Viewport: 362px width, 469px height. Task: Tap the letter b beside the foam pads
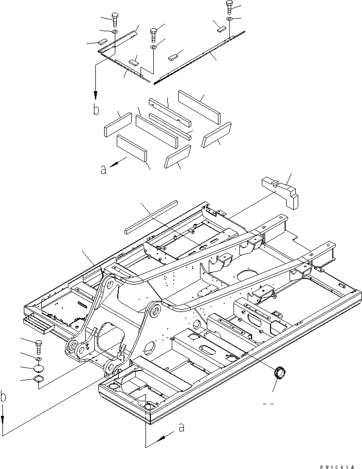(96, 109)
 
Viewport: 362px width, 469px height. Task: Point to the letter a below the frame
(181, 428)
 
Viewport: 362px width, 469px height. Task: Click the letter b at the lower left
(4, 397)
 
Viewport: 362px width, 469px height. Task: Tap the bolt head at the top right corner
(230, 6)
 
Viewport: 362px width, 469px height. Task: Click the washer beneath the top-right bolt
(230, 19)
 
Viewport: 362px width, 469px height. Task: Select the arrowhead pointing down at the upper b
(96, 95)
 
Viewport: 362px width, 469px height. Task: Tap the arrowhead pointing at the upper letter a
(120, 164)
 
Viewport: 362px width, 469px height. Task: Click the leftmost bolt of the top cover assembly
(115, 20)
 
